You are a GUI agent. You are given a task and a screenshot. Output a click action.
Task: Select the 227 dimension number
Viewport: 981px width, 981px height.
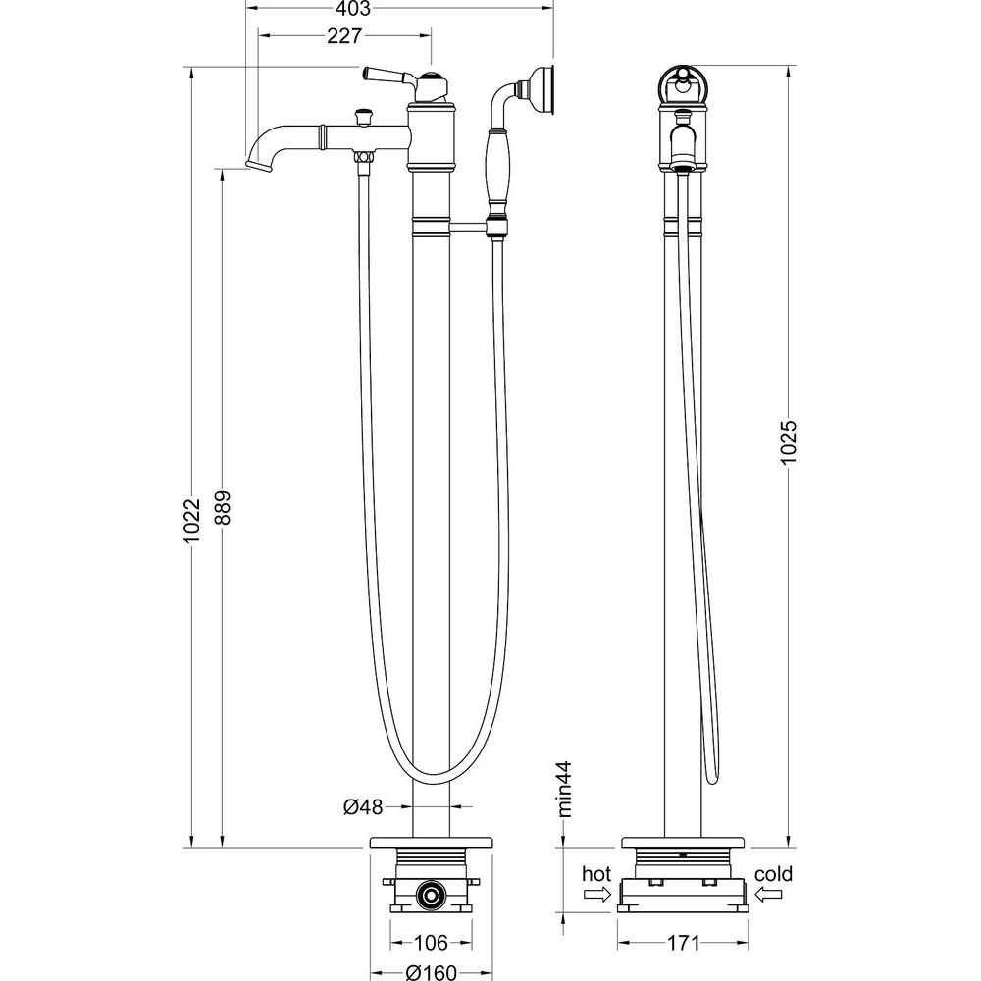click(x=344, y=36)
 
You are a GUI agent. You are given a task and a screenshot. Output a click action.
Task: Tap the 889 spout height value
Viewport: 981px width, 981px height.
click(x=223, y=509)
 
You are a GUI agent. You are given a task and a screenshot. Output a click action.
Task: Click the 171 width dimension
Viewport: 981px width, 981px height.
click(x=684, y=944)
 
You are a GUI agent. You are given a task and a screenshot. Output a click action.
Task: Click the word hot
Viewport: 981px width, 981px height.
click(x=595, y=874)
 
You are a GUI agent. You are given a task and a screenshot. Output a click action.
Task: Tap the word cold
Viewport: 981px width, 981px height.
click(x=774, y=874)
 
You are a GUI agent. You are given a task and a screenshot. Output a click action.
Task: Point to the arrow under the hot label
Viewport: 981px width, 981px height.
click(x=595, y=894)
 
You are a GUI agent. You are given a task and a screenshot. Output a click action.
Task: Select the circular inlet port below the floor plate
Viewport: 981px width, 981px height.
click(x=428, y=894)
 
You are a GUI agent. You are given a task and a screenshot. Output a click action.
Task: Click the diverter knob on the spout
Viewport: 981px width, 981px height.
click(x=364, y=116)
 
